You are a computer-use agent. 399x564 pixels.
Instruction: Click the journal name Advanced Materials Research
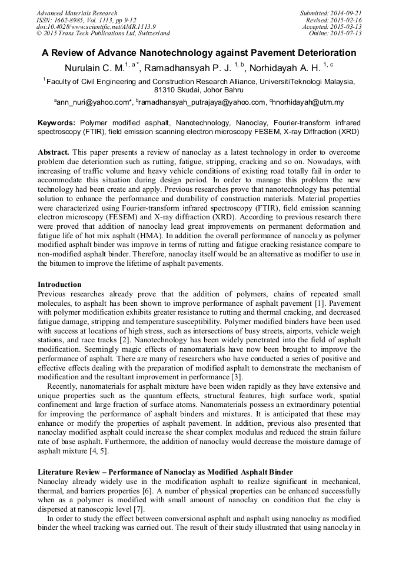click(77, 13)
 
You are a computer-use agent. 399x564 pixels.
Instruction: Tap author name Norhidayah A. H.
click(285, 67)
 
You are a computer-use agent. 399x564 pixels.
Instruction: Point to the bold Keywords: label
click(56, 123)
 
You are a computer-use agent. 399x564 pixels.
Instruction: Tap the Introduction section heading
click(59, 285)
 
